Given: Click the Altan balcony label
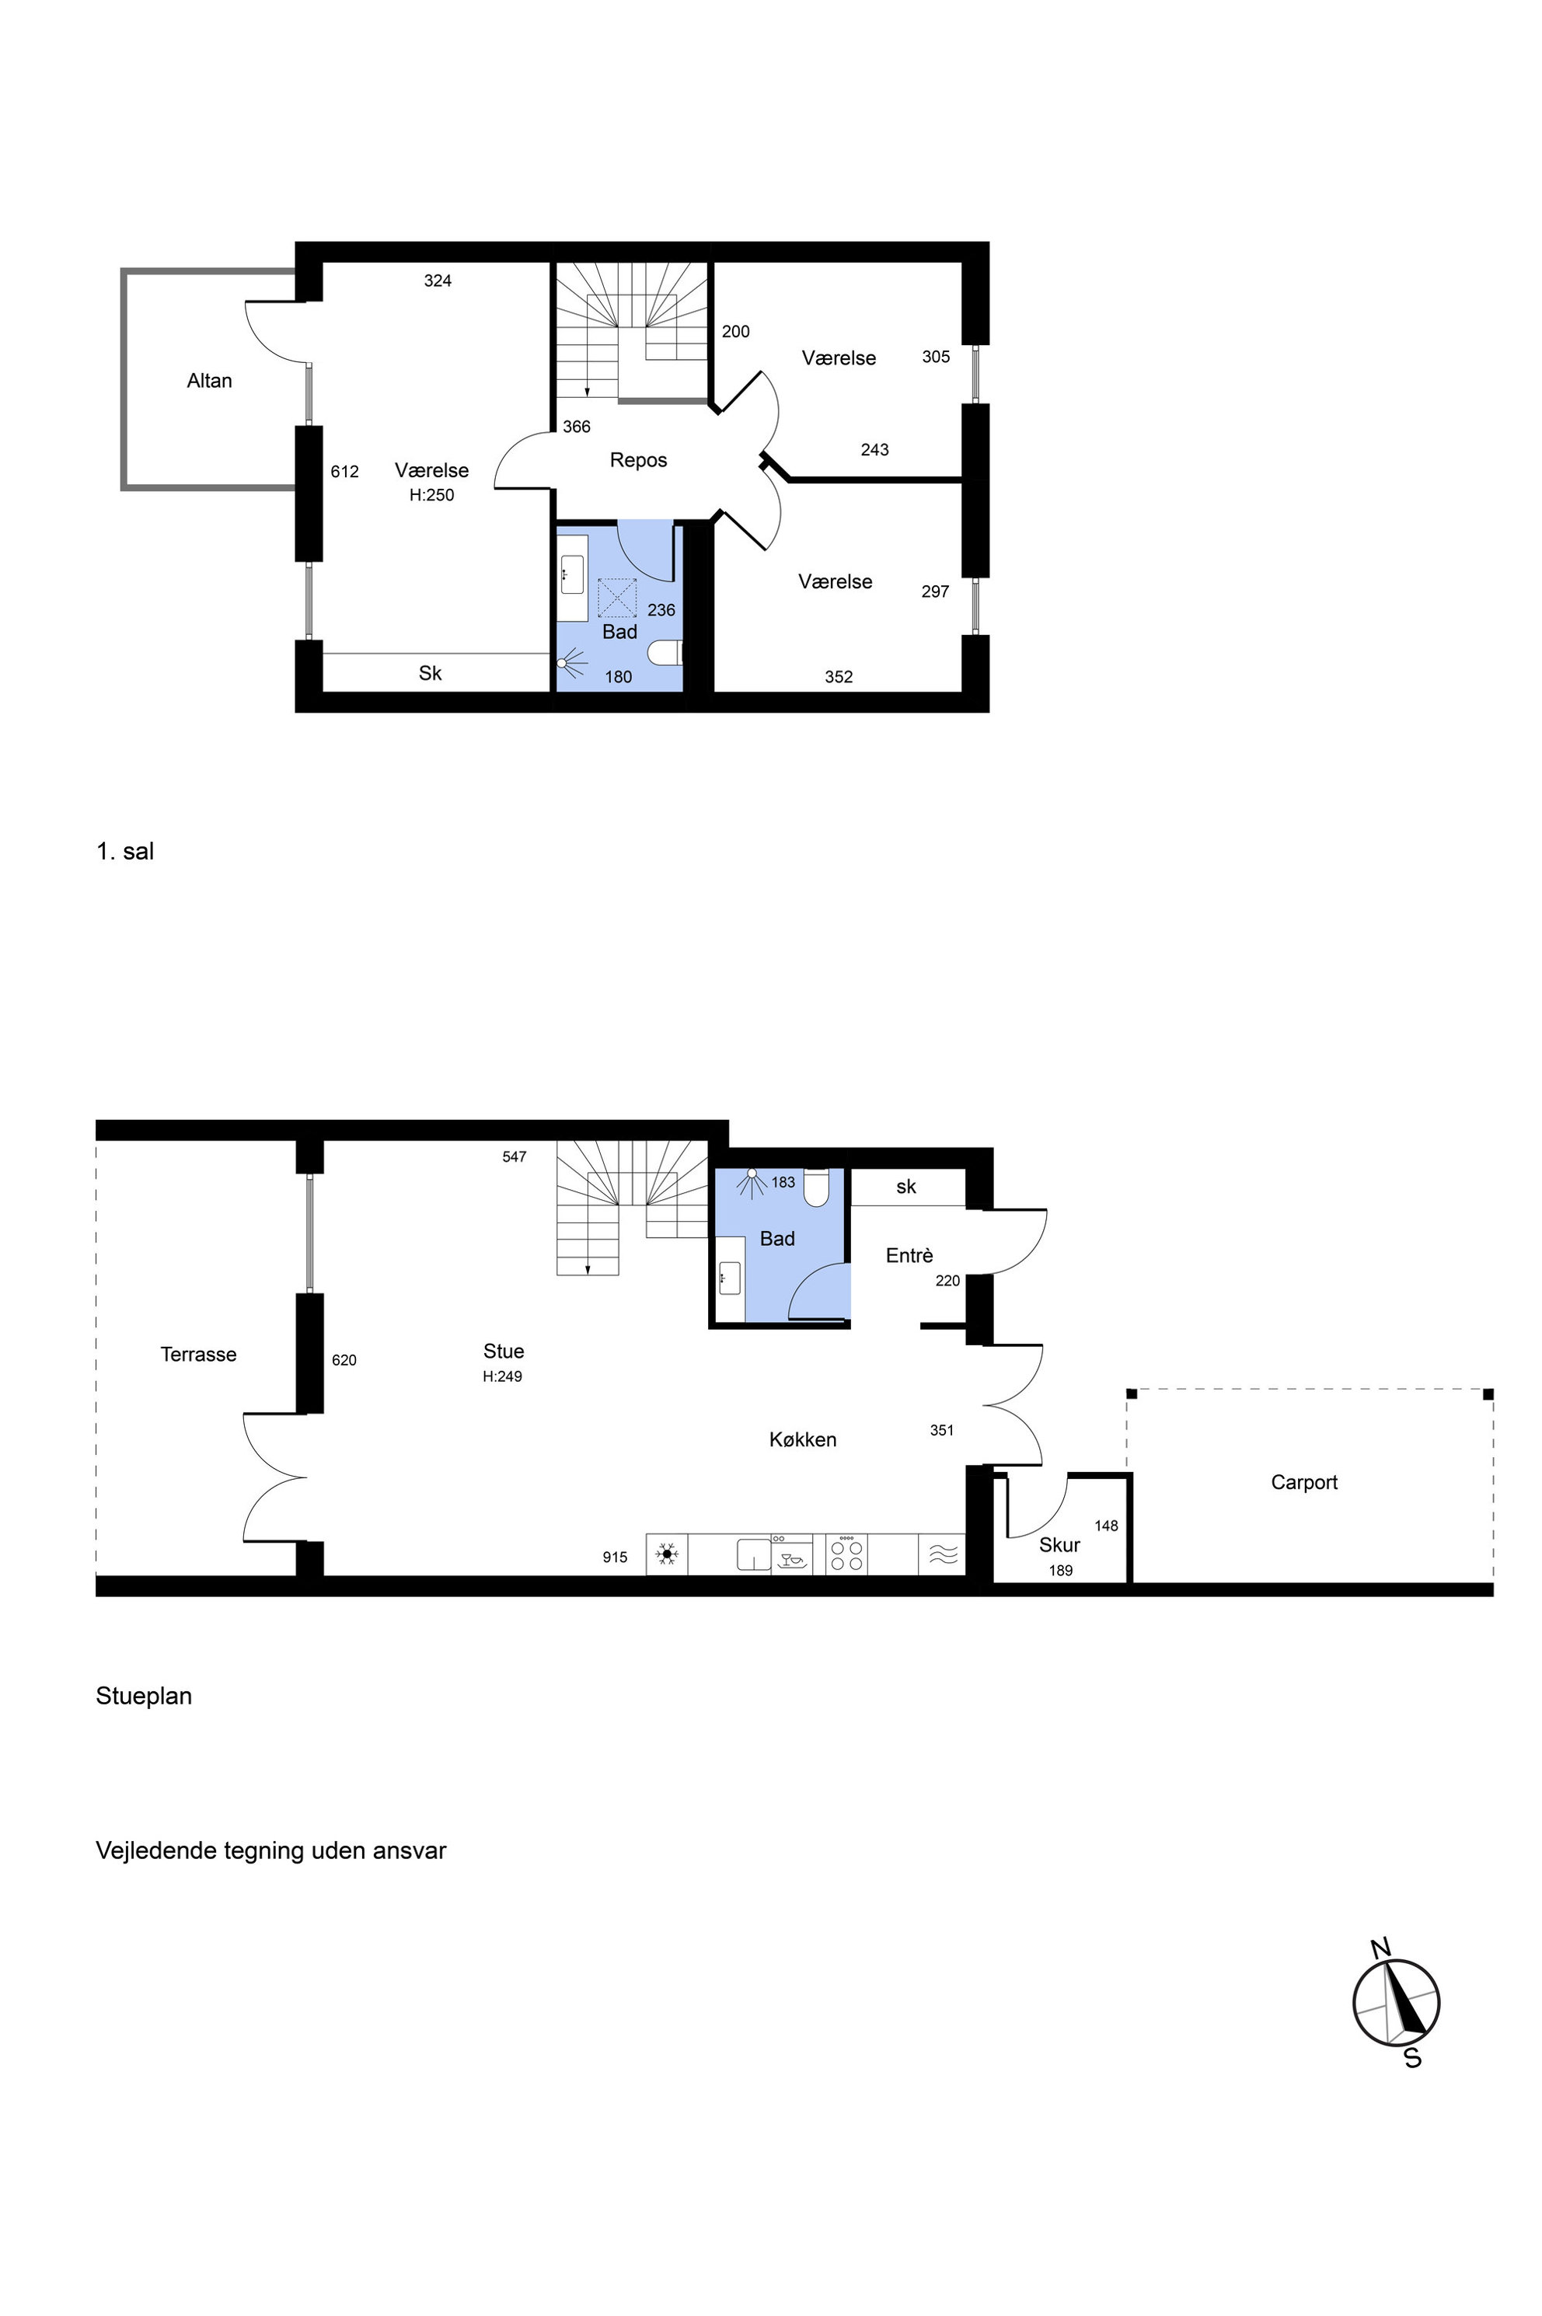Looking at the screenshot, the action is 210,381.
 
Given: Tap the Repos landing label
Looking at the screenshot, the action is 638,460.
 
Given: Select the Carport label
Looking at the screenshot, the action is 1304,1482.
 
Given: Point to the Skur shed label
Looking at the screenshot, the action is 1059,1545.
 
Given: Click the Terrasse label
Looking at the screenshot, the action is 199,1354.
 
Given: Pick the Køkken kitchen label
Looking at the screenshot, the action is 802,1440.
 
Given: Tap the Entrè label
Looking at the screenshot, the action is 909,1255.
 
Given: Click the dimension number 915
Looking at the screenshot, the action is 615,1557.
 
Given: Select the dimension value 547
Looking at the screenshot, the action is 515,1156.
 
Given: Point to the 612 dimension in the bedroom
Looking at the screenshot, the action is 344,472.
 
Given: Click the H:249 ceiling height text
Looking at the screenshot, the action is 503,1377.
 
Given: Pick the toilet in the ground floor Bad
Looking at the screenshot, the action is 817,1187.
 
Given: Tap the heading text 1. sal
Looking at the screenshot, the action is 125,852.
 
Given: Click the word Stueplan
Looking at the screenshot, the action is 144,1697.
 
